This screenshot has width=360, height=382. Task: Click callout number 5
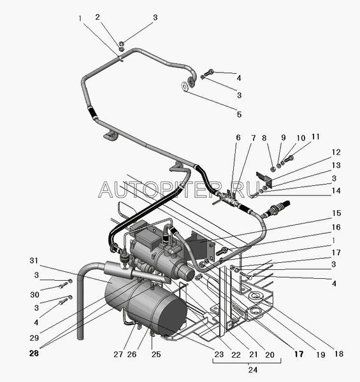tap(240, 114)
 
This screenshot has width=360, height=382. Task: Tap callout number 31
tap(34, 260)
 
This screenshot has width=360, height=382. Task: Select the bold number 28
tap(34, 353)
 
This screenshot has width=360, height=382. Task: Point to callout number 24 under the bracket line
tap(253, 369)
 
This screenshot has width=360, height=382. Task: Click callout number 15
tap(336, 213)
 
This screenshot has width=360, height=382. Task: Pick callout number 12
tap(336, 152)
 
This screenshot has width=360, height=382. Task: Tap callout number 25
tap(156, 354)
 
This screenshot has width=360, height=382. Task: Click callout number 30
tap(34, 295)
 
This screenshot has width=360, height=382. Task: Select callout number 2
tap(97, 17)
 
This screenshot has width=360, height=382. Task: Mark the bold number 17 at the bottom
tap(299, 354)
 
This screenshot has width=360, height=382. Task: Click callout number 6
tap(238, 138)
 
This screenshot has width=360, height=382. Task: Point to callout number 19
tap(320, 355)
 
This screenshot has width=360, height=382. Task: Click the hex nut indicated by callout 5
tap(185, 87)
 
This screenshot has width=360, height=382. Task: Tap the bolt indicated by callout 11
tap(289, 159)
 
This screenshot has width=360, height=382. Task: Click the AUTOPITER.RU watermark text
tap(180, 190)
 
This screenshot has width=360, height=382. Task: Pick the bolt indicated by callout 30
tap(63, 285)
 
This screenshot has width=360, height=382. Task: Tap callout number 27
tap(119, 354)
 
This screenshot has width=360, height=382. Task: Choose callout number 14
tap(336, 190)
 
